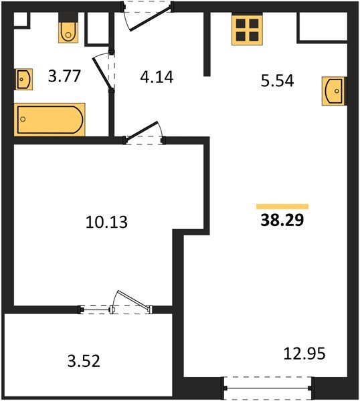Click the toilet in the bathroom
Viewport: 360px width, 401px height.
pyautogui.click(x=68, y=27)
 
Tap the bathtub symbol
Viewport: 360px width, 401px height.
pyautogui.click(x=50, y=120)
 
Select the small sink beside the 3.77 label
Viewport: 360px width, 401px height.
pyautogui.click(x=24, y=80)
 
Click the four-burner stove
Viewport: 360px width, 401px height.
pyautogui.click(x=247, y=29)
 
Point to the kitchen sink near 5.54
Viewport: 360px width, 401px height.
pyautogui.click(x=334, y=91)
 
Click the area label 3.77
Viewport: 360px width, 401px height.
pyautogui.click(x=64, y=76)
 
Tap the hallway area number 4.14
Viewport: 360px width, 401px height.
pyautogui.click(x=157, y=77)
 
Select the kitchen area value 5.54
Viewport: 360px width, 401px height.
pyautogui.click(x=277, y=81)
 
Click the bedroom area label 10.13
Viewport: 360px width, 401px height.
pyautogui.click(x=106, y=222)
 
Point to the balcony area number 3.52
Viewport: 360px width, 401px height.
pyautogui.click(x=84, y=361)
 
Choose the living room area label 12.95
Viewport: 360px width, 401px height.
pyautogui.click(x=304, y=354)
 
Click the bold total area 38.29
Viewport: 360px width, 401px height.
pyautogui.click(x=282, y=220)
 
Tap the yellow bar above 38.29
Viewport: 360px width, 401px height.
pyautogui.click(x=282, y=207)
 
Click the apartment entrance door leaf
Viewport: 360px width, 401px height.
pyautogui.click(x=150, y=19)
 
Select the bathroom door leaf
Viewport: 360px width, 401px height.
pyautogui.click(x=102, y=74)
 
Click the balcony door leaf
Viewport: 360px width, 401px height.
pyautogui.click(x=133, y=299)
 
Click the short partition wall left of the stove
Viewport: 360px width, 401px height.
pyautogui.click(x=207, y=44)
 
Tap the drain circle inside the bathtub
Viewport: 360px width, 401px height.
pyautogui.click(x=23, y=119)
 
